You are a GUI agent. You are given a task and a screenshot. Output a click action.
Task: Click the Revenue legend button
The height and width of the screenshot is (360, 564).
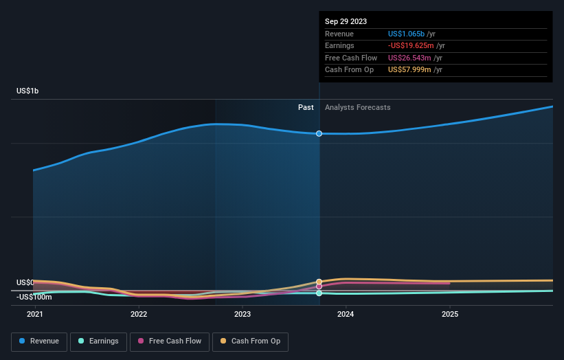pyautogui.click(x=40, y=341)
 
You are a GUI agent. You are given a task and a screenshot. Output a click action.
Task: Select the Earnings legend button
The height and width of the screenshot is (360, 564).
pyautogui.click(x=99, y=341)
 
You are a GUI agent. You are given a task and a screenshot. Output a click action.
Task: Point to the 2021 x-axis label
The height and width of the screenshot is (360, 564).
pyautogui.click(x=34, y=314)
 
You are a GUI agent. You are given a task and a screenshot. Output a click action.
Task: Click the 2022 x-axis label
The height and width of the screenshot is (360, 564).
pyautogui.click(x=139, y=314)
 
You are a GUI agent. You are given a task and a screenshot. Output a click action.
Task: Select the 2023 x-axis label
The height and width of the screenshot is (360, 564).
pyautogui.click(x=242, y=314)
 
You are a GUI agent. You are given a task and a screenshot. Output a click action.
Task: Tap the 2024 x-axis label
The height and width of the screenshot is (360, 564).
pyautogui.click(x=346, y=314)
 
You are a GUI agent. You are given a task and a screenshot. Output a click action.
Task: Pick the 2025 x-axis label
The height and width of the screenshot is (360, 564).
pyautogui.click(x=450, y=314)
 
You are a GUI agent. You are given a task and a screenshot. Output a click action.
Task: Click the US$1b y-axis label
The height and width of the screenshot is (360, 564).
pyautogui.click(x=28, y=91)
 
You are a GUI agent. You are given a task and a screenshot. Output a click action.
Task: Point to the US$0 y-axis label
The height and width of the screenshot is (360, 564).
pyautogui.click(x=25, y=282)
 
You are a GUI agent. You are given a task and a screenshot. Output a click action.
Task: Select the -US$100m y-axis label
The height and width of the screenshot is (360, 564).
pyautogui.click(x=34, y=297)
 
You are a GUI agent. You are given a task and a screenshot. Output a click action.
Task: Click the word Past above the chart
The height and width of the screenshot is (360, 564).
pyautogui.click(x=306, y=107)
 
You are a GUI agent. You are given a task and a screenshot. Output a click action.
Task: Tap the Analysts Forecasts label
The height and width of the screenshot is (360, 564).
pyautogui.click(x=357, y=107)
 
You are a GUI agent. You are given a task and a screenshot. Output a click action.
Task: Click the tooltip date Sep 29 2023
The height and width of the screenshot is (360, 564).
pyautogui.click(x=346, y=21)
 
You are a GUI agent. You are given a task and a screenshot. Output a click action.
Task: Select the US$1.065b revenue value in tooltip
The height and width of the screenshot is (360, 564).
pyautogui.click(x=406, y=34)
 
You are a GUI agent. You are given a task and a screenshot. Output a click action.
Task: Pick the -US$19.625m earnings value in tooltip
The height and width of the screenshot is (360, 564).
pyautogui.click(x=409, y=46)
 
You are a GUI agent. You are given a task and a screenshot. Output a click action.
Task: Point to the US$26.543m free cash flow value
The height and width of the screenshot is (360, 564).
pyautogui.click(x=410, y=58)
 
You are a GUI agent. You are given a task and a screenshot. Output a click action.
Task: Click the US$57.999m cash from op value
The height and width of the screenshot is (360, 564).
pyautogui.click(x=410, y=70)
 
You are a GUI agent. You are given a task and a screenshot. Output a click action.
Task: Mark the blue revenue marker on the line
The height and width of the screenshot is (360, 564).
pyautogui.click(x=319, y=133)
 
